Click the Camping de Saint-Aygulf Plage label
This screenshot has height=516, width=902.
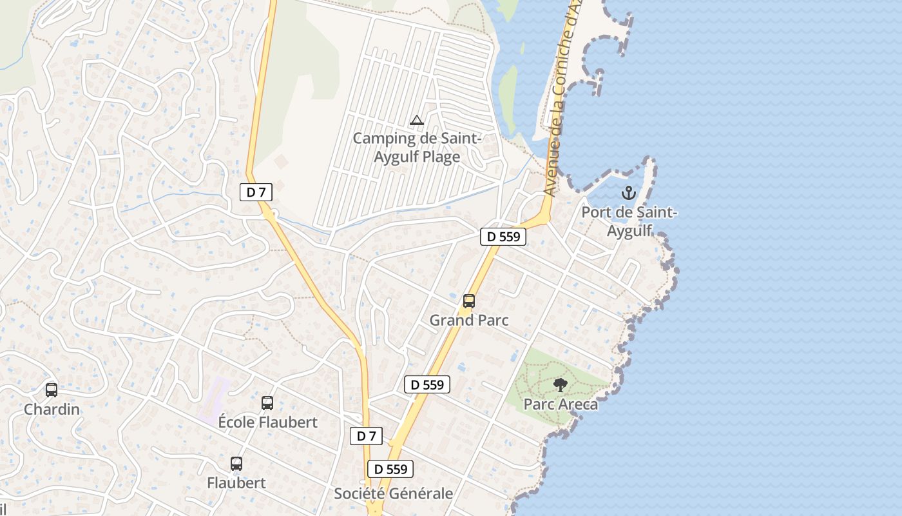pos(417,148)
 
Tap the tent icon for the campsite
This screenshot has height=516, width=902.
pos(417,120)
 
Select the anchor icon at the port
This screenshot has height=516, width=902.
pos(628,193)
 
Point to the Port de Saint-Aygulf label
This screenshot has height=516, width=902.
pos(629,221)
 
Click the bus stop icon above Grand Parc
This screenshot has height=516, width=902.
pos(469,301)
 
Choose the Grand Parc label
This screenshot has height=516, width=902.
pos(469,320)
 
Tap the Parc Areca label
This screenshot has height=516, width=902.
pos(561,404)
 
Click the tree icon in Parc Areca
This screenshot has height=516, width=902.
pos(561,385)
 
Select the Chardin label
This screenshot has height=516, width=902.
pos(52,410)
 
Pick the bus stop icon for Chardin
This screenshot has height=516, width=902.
pos(52,390)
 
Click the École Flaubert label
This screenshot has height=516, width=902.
pos(267,422)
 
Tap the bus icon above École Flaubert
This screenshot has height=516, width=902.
pos(267,403)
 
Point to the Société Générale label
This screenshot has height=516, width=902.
pos(393,493)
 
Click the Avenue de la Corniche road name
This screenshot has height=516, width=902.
pos(558,97)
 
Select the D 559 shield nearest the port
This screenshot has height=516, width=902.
pos(503,237)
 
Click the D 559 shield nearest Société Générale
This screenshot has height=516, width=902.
pos(390,469)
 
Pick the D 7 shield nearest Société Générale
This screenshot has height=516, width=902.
pos(366,436)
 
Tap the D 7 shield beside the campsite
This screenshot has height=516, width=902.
pos(256,192)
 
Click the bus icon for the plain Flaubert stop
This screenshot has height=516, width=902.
pos(236,464)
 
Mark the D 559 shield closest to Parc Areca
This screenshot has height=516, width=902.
pos(427,385)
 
